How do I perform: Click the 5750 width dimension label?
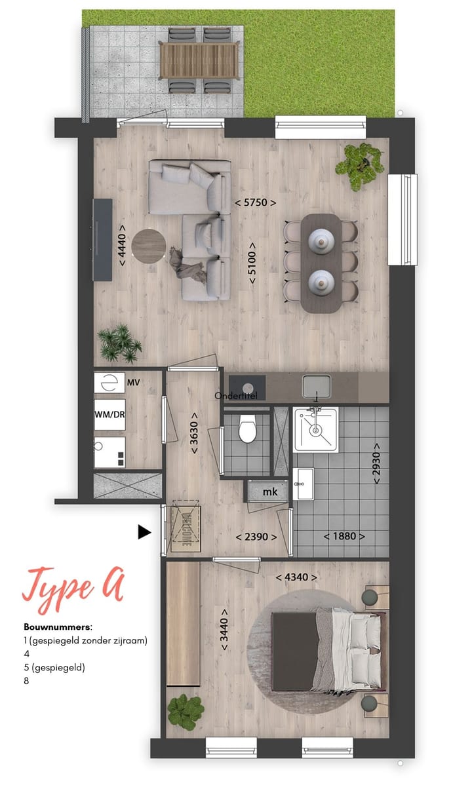pyautogui.click(x=255, y=203)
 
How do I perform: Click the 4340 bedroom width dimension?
pyautogui.click(x=296, y=577)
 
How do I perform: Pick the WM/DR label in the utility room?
pyautogui.click(x=109, y=415)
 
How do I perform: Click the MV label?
pyautogui.click(x=134, y=382)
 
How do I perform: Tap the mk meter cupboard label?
pyautogui.click(x=270, y=492)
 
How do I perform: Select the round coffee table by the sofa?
pyautogui.click(x=149, y=245)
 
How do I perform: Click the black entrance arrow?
pyautogui.click(x=144, y=532)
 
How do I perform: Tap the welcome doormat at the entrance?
pyautogui.click(x=186, y=524)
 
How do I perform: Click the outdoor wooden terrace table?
pyautogui.click(x=198, y=58)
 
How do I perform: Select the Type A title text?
pyautogui.click(x=73, y=585)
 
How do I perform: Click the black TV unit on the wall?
pyautogui.click(x=102, y=239)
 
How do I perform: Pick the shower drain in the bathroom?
pyautogui.click(x=316, y=430)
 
